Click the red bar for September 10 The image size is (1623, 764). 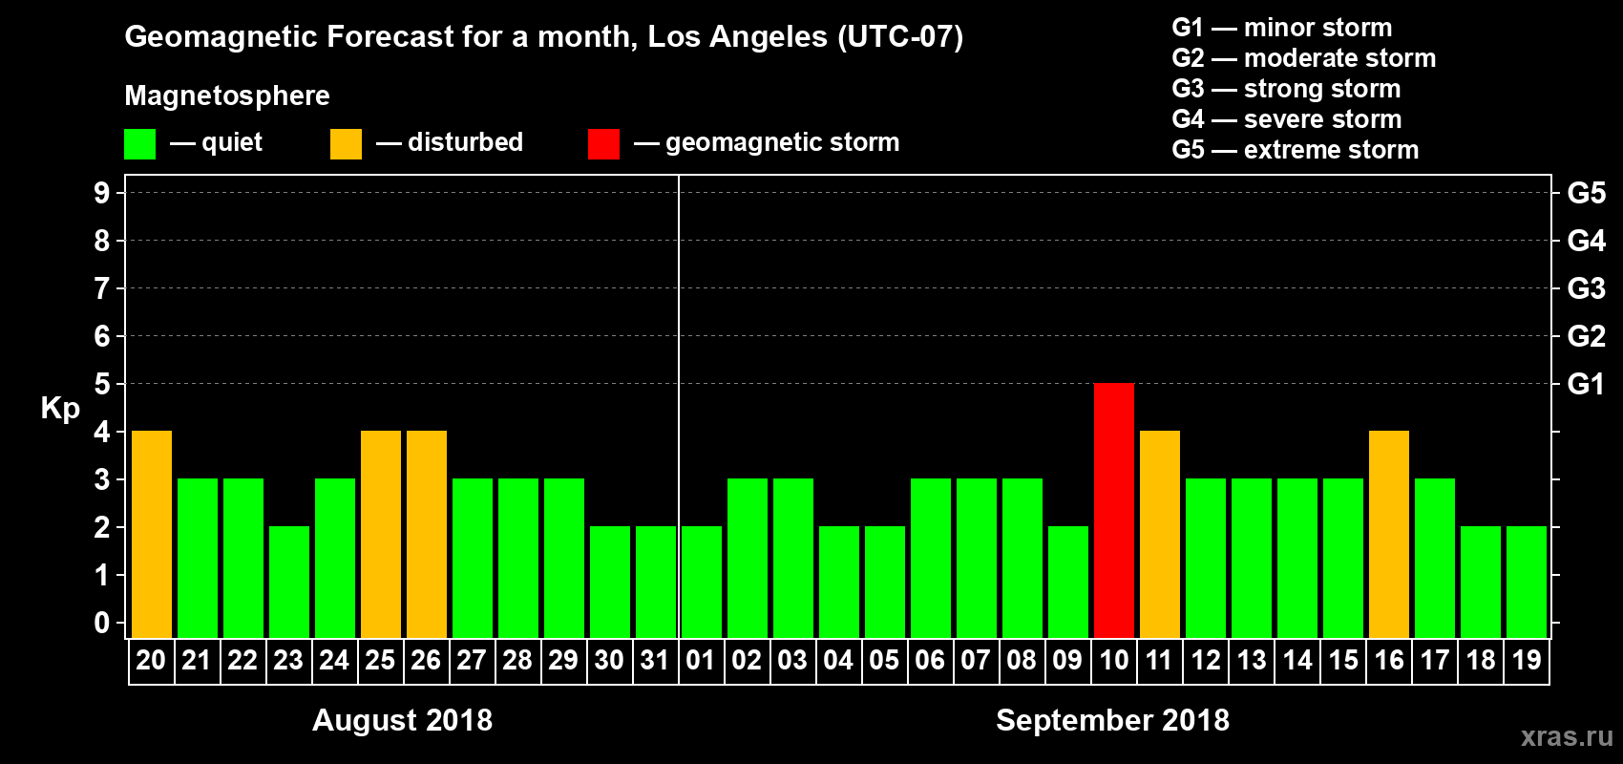1114,510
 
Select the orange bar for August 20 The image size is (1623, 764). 152,534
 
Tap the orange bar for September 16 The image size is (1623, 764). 1389,534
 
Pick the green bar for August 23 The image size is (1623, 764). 289,582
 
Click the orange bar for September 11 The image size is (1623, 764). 1160,534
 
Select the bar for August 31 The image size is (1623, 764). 656,582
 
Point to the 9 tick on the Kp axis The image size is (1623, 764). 102,193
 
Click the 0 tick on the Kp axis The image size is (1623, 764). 102,623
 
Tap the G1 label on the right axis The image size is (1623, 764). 1586,384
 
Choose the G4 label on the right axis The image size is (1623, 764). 1586,241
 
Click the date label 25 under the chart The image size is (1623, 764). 380,660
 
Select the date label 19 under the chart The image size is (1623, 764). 1527,660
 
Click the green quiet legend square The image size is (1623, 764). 140,144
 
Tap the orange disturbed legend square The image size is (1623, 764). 346,144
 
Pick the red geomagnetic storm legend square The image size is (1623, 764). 603,144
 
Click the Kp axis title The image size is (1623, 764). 60,408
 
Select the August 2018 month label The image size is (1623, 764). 402,720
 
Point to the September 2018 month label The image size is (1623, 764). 1112,720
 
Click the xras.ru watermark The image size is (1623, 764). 1566,736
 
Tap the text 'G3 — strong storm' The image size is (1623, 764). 1286,89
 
